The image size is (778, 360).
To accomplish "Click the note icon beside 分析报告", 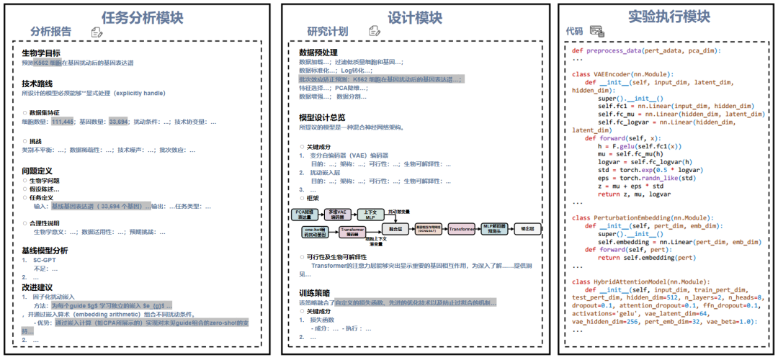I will pos(97,32).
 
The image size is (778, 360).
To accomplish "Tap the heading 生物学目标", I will pos(41,53).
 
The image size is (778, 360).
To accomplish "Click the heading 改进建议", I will pos(37,287).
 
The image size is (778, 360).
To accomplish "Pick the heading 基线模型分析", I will pos(45,250).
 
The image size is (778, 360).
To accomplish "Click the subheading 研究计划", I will pos(327,32).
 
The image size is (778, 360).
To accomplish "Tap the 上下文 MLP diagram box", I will pos(370,213).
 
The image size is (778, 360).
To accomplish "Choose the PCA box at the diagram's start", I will pos(305,213).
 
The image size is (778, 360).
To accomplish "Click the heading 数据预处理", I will pos(318,53).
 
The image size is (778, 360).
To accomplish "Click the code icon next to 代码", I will pos(596,31).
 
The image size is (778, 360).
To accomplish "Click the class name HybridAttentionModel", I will pos(642,281).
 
